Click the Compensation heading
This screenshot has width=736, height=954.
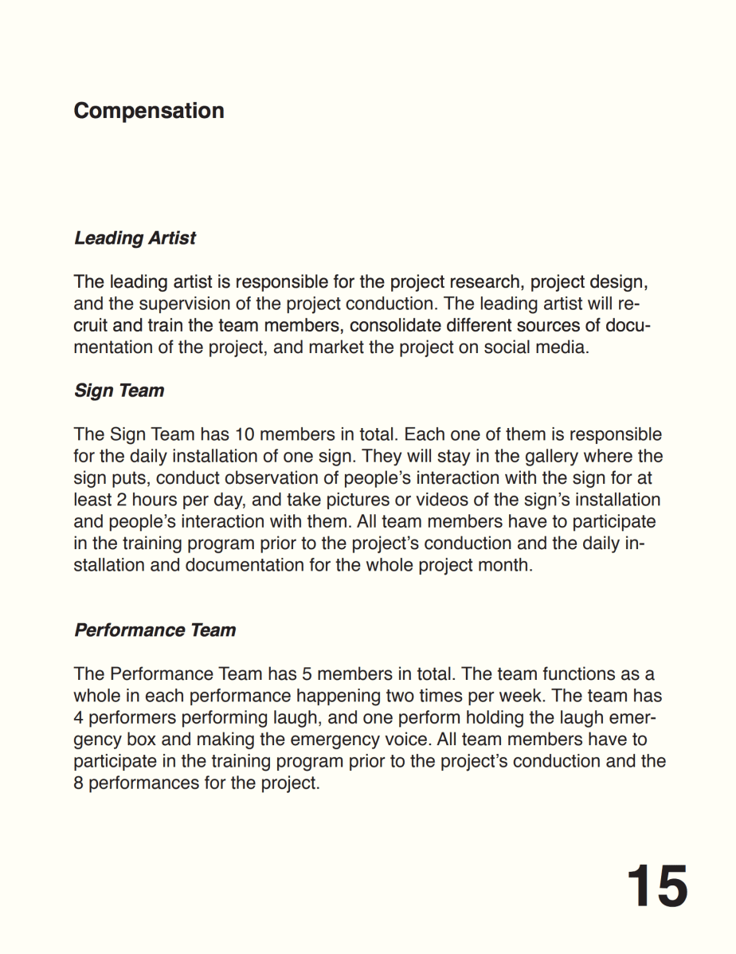pyautogui.click(x=148, y=111)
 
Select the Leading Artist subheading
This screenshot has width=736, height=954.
pyautogui.click(x=135, y=238)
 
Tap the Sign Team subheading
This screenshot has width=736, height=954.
pyautogui.click(x=119, y=391)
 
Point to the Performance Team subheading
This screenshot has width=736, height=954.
pyautogui.click(x=155, y=630)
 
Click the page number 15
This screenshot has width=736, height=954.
pyautogui.click(x=656, y=885)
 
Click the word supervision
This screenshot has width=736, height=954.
pyautogui.click(x=184, y=304)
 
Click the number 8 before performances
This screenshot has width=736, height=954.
pyautogui.click(x=79, y=783)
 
